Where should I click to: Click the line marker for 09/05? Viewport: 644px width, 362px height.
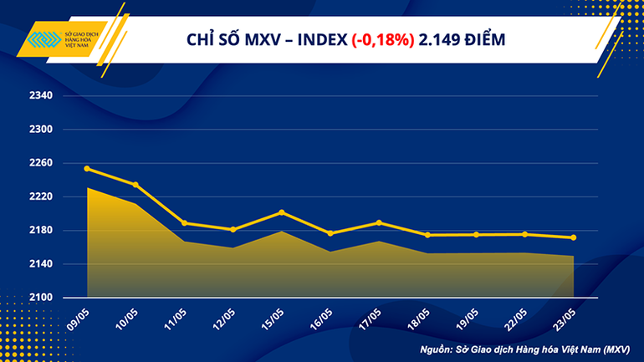click(x=88, y=169)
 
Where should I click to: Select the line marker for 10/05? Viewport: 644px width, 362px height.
click(x=135, y=185)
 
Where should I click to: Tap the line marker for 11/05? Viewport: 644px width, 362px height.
click(x=184, y=223)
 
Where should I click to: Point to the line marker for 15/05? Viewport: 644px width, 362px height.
click(x=281, y=212)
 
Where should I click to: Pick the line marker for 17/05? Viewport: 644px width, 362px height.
click(x=379, y=222)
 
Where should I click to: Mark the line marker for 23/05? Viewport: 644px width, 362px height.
click(x=573, y=237)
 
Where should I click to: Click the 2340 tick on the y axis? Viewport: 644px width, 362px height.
click(x=40, y=96)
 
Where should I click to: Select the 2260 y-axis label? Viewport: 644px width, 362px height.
click(x=40, y=163)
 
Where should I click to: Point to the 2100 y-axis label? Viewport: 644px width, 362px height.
click(x=40, y=298)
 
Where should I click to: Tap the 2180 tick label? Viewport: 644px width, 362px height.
click(x=40, y=231)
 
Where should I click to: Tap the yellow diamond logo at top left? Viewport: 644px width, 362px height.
click(x=43, y=40)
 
